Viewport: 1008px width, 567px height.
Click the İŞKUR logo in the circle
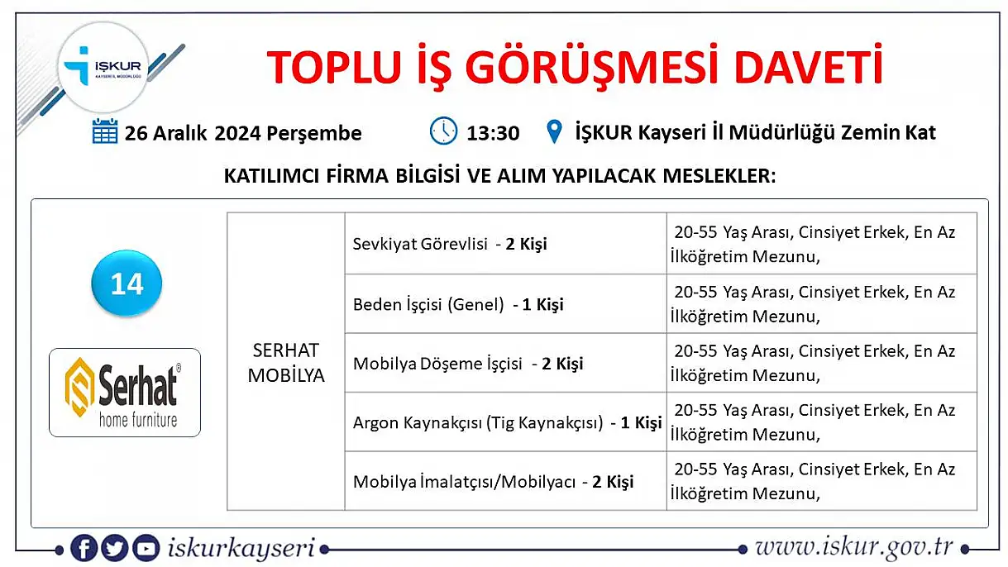(x=103, y=67)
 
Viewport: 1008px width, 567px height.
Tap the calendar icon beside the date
(x=105, y=131)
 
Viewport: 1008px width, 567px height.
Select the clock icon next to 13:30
(x=443, y=131)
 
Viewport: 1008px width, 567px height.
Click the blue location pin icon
(x=554, y=131)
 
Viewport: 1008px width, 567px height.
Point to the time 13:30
(x=493, y=133)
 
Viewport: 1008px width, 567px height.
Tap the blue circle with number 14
(x=127, y=283)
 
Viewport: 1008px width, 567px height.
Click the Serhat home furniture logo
(x=125, y=392)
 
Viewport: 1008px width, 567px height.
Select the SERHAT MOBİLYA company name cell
(x=286, y=361)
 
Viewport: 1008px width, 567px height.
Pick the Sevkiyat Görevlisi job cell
(x=506, y=244)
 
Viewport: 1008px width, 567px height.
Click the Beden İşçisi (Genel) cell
(x=506, y=304)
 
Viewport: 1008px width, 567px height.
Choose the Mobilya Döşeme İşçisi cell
(x=506, y=364)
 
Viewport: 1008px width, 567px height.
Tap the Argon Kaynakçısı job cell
(x=506, y=422)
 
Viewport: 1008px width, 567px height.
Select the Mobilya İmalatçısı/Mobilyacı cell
(x=506, y=481)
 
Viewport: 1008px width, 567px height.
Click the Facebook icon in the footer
(x=84, y=548)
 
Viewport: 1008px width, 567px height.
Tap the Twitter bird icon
(x=114, y=548)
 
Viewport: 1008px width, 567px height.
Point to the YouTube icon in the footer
(x=146, y=548)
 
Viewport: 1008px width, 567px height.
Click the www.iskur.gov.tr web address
(x=853, y=548)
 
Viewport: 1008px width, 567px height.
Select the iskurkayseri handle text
(x=241, y=549)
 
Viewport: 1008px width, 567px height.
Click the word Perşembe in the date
(x=314, y=134)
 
